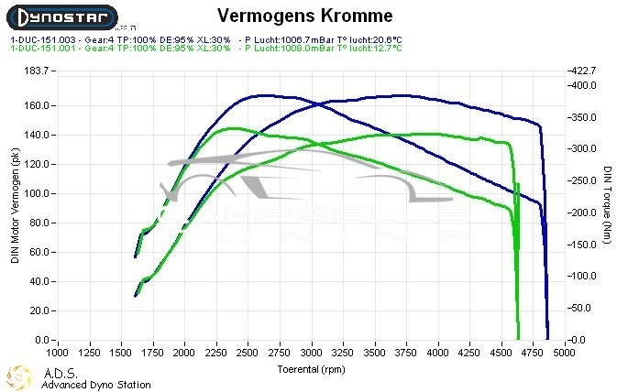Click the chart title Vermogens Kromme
(x=304, y=16)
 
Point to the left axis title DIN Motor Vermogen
(x=16, y=206)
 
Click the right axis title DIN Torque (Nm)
(x=608, y=206)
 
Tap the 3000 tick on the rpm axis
(x=312, y=352)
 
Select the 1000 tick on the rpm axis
(x=58, y=352)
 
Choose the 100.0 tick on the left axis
(x=38, y=193)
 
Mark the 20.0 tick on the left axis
(x=39, y=311)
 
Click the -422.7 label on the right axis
(x=583, y=71)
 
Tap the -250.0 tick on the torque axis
(x=583, y=181)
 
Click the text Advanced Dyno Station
(x=96, y=385)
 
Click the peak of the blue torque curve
(x=261, y=94)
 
